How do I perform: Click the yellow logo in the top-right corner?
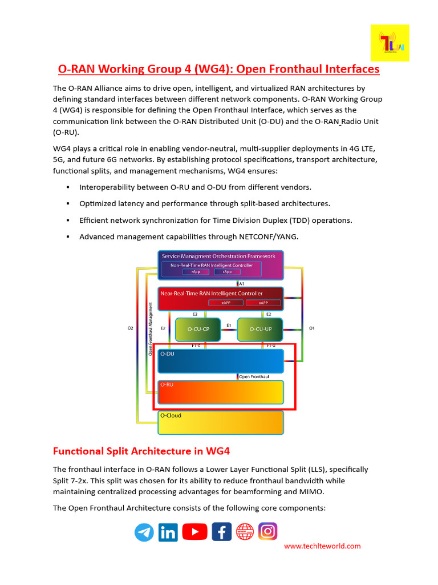pos(390,43)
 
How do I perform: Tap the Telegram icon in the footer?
pos(144,532)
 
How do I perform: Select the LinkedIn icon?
pos(168,532)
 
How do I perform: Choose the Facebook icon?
pos(221,532)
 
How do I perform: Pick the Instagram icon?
pos(267,532)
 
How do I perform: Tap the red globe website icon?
pos(245,532)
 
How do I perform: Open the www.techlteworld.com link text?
pos(322,546)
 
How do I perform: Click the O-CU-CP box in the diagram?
pos(197,330)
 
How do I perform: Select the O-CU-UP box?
pos(259,330)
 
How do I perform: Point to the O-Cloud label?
pos(171,415)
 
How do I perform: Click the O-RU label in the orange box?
pos(167,384)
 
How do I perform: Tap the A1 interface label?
pos(242,283)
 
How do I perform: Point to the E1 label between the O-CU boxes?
pos(229,325)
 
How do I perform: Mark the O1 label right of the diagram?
pos(311,328)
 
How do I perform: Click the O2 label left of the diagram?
pos(130,328)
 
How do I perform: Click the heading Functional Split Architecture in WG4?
pos(141,451)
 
